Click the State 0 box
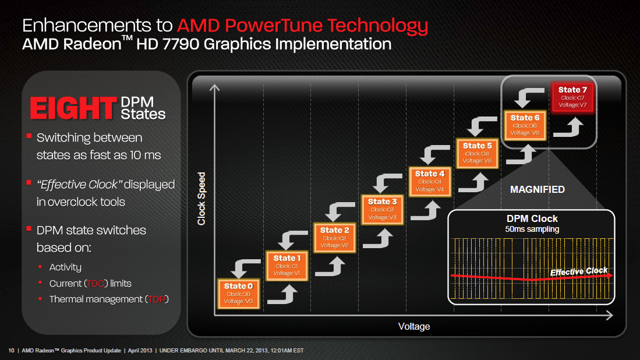[239, 292]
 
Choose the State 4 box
[430, 181]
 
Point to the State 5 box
[477, 153]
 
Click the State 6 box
[525, 125]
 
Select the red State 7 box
[572, 97]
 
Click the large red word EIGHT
[73, 109]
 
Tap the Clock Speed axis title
[201, 199]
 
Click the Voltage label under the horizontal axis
[414, 326]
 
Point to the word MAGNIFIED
[538, 189]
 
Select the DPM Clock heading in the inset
[532, 218]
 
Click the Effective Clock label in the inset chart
[579, 271]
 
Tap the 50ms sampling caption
[532, 229]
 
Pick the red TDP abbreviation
[155, 299]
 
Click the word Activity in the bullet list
[65, 267]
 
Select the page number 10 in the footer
[11, 351]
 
